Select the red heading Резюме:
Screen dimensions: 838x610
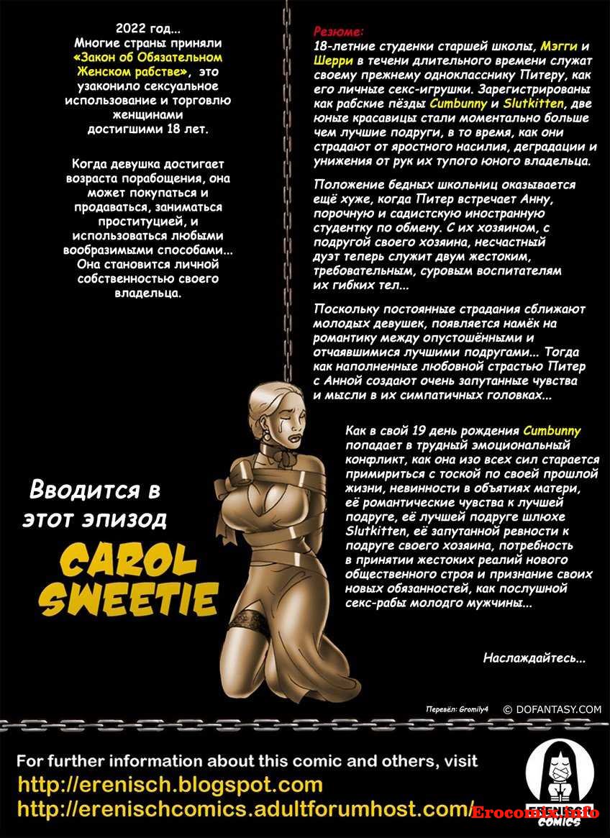(x=339, y=32)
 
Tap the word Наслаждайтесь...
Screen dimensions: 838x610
(x=534, y=657)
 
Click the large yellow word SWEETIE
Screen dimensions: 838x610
(x=129, y=598)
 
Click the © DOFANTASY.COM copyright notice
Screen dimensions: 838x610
(x=552, y=709)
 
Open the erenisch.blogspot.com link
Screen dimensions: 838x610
(x=170, y=784)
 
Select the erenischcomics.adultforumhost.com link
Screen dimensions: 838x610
(x=245, y=809)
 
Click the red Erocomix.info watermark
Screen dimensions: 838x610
(x=536, y=813)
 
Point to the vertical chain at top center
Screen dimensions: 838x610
(x=286, y=180)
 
